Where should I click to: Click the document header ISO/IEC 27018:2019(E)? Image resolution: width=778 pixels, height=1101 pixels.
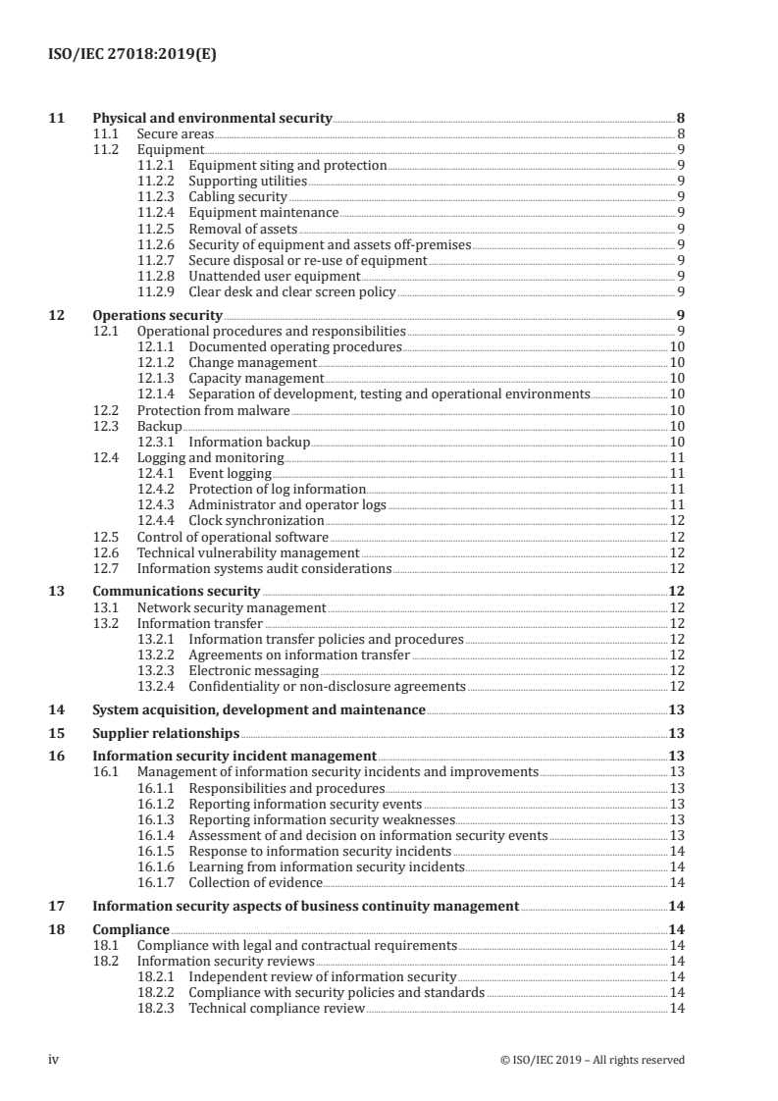(x=132, y=55)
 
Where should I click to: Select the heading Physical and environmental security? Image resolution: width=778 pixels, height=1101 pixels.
(x=212, y=119)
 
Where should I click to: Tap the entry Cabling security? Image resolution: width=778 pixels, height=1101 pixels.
(x=237, y=197)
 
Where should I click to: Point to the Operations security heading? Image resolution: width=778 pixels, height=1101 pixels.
(x=157, y=316)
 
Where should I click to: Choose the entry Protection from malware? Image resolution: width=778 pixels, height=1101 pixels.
(x=213, y=410)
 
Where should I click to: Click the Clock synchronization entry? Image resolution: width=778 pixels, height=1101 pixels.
(x=256, y=520)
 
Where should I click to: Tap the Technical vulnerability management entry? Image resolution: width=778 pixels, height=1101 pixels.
(x=247, y=551)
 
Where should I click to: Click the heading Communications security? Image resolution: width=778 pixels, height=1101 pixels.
(x=176, y=592)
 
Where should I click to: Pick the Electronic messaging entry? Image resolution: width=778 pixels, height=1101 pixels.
(x=253, y=670)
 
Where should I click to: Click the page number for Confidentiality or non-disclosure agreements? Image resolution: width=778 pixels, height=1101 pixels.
(x=677, y=686)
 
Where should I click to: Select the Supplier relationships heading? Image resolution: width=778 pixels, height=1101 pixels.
(x=165, y=733)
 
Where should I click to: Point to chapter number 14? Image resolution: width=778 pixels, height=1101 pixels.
(x=57, y=709)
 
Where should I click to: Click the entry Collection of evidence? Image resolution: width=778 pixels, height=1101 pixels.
(x=254, y=882)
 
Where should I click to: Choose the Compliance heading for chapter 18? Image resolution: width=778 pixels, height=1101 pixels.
(x=130, y=930)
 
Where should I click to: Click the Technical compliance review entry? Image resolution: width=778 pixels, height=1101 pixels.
(x=276, y=1009)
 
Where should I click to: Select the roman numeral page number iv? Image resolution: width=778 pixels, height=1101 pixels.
(x=55, y=1059)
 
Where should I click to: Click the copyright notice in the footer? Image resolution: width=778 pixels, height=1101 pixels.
(x=592, y=1059)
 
